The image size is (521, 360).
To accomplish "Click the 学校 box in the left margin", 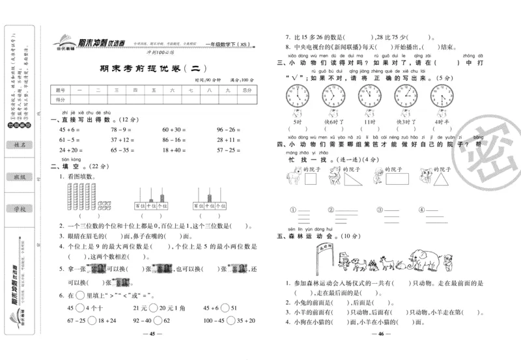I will click(x=18, y=208).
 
